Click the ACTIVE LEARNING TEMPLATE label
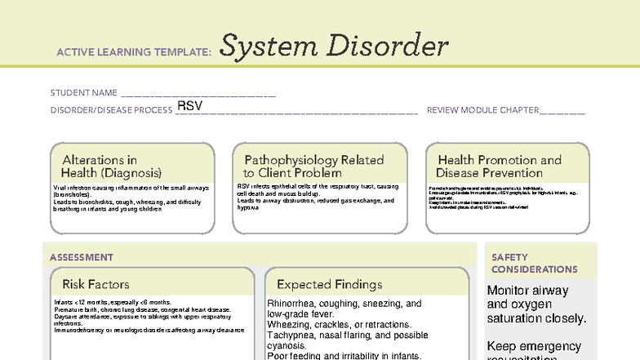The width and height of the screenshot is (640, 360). tap(134, 52)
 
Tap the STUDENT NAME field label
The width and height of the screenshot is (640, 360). tap(84, 93)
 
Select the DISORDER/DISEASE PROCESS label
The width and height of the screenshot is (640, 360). tap(111, 110)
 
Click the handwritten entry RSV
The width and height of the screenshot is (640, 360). tap(189, 107)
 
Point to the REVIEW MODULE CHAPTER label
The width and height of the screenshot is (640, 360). tap(482, 110)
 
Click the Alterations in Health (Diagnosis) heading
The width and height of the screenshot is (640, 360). tap(112, 167)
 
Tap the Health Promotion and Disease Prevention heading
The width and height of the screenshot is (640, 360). tap(500, 167)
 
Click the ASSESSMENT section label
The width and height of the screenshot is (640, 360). tap(82, 257)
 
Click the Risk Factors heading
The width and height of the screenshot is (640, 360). tap(96, 284)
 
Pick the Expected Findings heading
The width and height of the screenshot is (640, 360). tap(329, 284)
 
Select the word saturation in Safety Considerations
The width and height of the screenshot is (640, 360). tap(517, 318)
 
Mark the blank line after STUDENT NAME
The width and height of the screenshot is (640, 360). tap(198, 95)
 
